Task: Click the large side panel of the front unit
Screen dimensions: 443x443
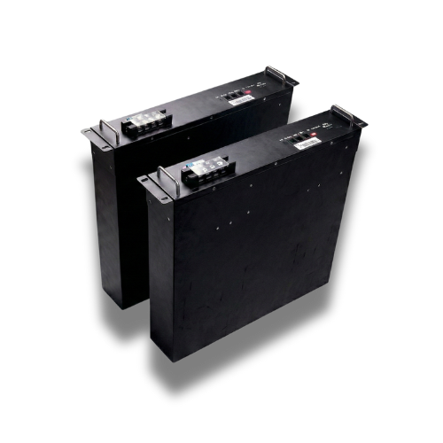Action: [248, 266]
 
